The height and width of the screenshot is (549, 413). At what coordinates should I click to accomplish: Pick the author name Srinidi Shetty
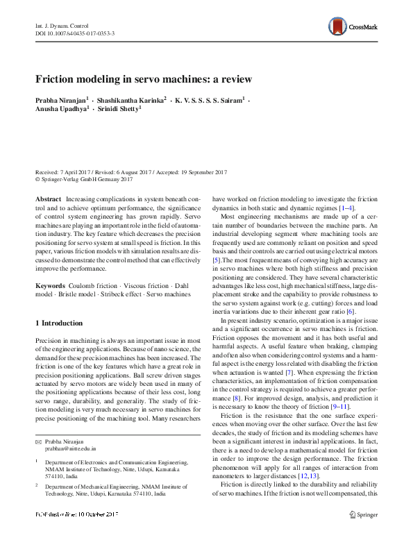tap(119, 110)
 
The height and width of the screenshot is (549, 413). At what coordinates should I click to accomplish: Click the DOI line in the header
tap(74, 33)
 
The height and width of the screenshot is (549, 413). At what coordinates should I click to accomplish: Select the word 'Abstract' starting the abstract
tap(48, 199)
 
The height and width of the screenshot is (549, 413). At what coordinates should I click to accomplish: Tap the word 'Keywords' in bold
tap(51, 285)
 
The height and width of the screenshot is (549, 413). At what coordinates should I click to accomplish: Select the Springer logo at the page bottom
tap(362, 515)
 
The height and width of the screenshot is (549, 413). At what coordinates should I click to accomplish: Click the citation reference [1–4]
tap(347, 208)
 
